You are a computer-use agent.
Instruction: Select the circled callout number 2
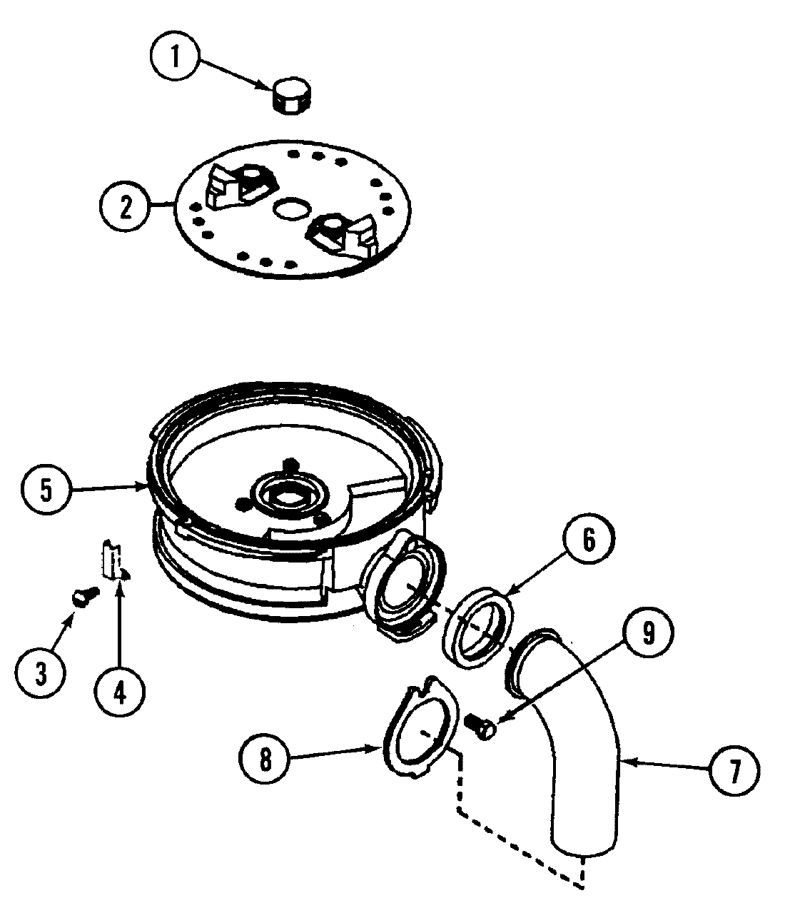[126, 207]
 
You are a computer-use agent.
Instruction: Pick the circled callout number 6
[589, 540]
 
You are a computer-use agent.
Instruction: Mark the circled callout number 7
[734, 771]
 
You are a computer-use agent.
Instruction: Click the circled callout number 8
[265, 760]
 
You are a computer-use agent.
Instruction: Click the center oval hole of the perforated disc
[292, 208]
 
